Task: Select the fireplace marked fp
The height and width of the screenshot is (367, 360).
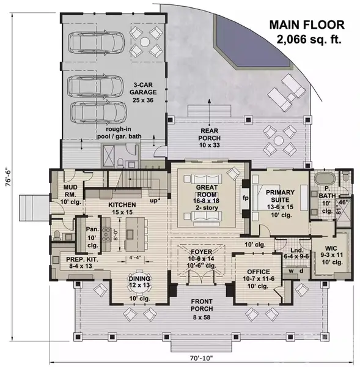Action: tap(244, 199)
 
